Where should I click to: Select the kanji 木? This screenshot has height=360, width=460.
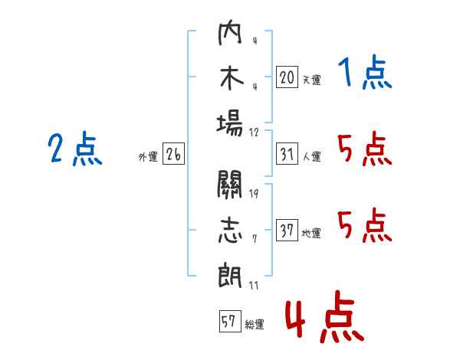coord(230,80)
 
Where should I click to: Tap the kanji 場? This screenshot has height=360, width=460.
coord(230,123)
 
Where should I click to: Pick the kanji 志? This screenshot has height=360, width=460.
coord(230,229)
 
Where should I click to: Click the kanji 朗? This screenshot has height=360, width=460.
coord(230,273)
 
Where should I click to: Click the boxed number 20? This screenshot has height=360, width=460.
coord(286,77)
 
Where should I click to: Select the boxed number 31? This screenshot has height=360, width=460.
coord(286,154)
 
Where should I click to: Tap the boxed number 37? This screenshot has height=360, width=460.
coord(286,231)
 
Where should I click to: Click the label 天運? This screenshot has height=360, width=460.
coord(311,80)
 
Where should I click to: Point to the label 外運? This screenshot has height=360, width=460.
coord(148,156)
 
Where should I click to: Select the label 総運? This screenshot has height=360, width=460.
coord(255,324)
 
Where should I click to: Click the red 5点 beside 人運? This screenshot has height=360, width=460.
coord(364,149)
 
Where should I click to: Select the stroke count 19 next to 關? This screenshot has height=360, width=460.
coord(254,192)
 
